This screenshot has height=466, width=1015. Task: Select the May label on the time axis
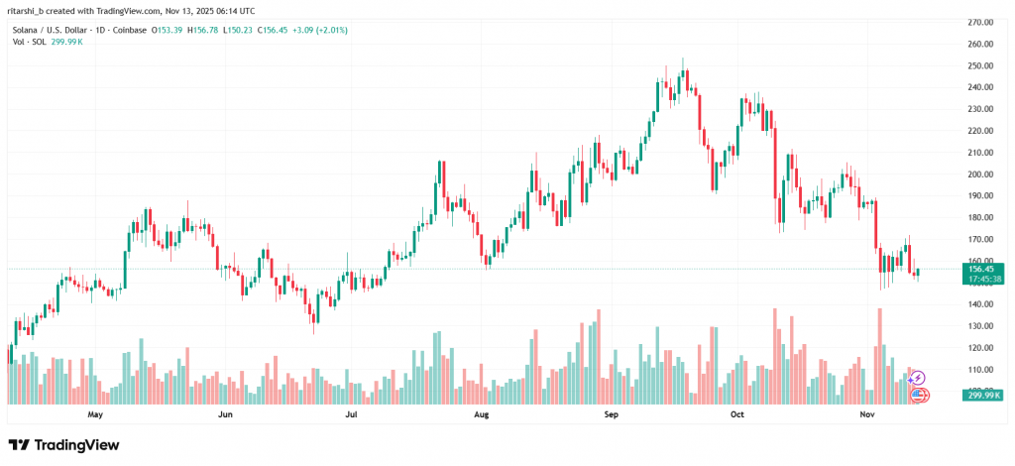[x=96, y=416]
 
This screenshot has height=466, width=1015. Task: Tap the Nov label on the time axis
[x=866, y=416]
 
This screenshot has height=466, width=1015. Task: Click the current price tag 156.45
[x=981, y=269]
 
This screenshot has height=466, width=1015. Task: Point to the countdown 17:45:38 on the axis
[x=981, y=279]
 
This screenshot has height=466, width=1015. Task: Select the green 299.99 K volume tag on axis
[x=982, y=396]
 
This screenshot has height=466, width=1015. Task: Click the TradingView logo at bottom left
[x=63, y=445]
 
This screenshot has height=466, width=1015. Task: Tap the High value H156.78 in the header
[x=205, y=30]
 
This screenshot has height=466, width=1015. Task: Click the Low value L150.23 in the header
[x=240, y=30]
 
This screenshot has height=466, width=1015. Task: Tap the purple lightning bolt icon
[x=918, y=378]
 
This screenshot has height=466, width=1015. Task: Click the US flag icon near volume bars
[x=919, y=395]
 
